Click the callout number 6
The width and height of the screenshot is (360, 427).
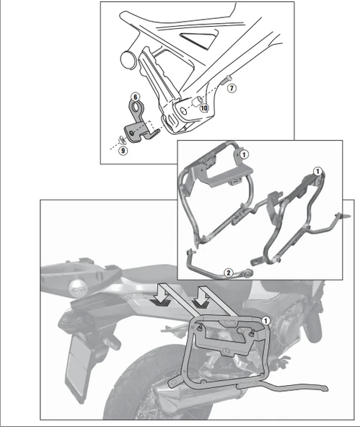coord(134,96)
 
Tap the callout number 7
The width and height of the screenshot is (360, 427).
coord(231,87)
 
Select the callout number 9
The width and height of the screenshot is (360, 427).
coord(123,150)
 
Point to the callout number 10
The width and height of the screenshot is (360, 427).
coord(204,107)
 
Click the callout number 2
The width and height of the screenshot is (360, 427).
coord(228,273)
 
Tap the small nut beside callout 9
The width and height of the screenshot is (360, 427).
coord(122,139)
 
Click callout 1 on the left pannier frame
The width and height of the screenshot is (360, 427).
coord(245,154)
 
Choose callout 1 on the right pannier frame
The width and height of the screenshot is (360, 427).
coord(317,170)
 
